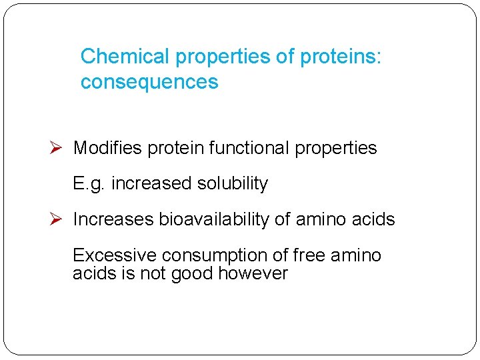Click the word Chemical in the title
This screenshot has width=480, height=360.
tap(125, 57)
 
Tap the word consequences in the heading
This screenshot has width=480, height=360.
tap(149, 82)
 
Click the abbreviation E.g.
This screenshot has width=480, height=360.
tap(90, 184)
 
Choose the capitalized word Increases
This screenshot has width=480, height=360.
tap(113, 219)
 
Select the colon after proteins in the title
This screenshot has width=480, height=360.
tap(379, 57)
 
